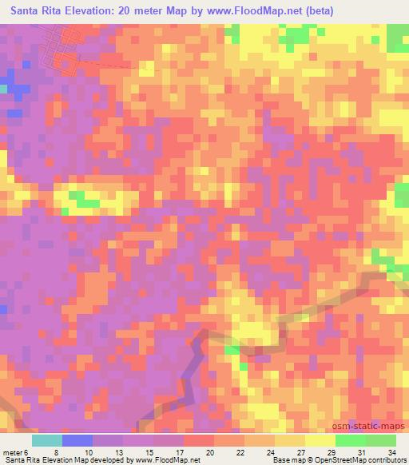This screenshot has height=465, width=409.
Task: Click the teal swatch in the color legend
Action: click(x=47, y=440)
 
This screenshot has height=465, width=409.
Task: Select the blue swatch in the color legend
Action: click(x=77, y=440)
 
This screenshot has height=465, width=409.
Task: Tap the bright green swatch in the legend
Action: click(x=350, y=440)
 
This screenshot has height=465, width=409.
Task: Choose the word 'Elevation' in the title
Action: click(x=94, y=11)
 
